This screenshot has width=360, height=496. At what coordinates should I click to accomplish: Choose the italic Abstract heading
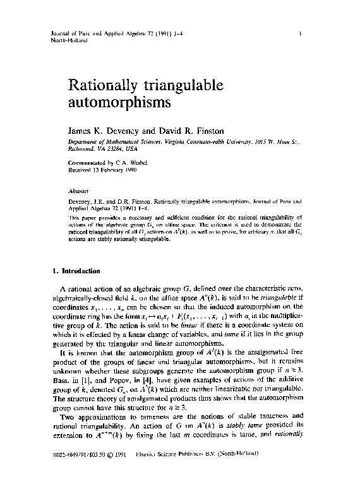[80, 189]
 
